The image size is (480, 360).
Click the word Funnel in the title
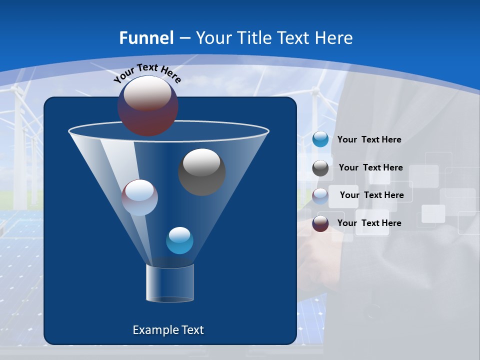[x=146, y=38]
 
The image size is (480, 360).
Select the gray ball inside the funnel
[x=201, y=172]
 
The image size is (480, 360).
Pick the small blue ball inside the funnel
[x=179, y=240]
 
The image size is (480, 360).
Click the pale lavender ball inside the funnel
[x=139, y=197]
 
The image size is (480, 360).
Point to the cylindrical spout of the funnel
[x=169, y=283]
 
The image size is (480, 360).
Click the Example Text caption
[x=168, y=330]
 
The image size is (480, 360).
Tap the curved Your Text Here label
[x=147, y=73]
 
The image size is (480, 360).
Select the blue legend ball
[x=320, y=139]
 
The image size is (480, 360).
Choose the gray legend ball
[x=320, y=168]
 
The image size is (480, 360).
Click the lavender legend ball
[x=320, y=196]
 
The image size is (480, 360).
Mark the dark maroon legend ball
[x=320, y=223]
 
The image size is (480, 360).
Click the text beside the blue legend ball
[x=369, y=140]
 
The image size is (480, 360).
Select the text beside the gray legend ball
[x=370, y=168]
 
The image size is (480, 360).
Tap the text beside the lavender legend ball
[x=371, y=195]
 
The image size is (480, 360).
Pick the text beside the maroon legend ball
[x=369, y=223]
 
